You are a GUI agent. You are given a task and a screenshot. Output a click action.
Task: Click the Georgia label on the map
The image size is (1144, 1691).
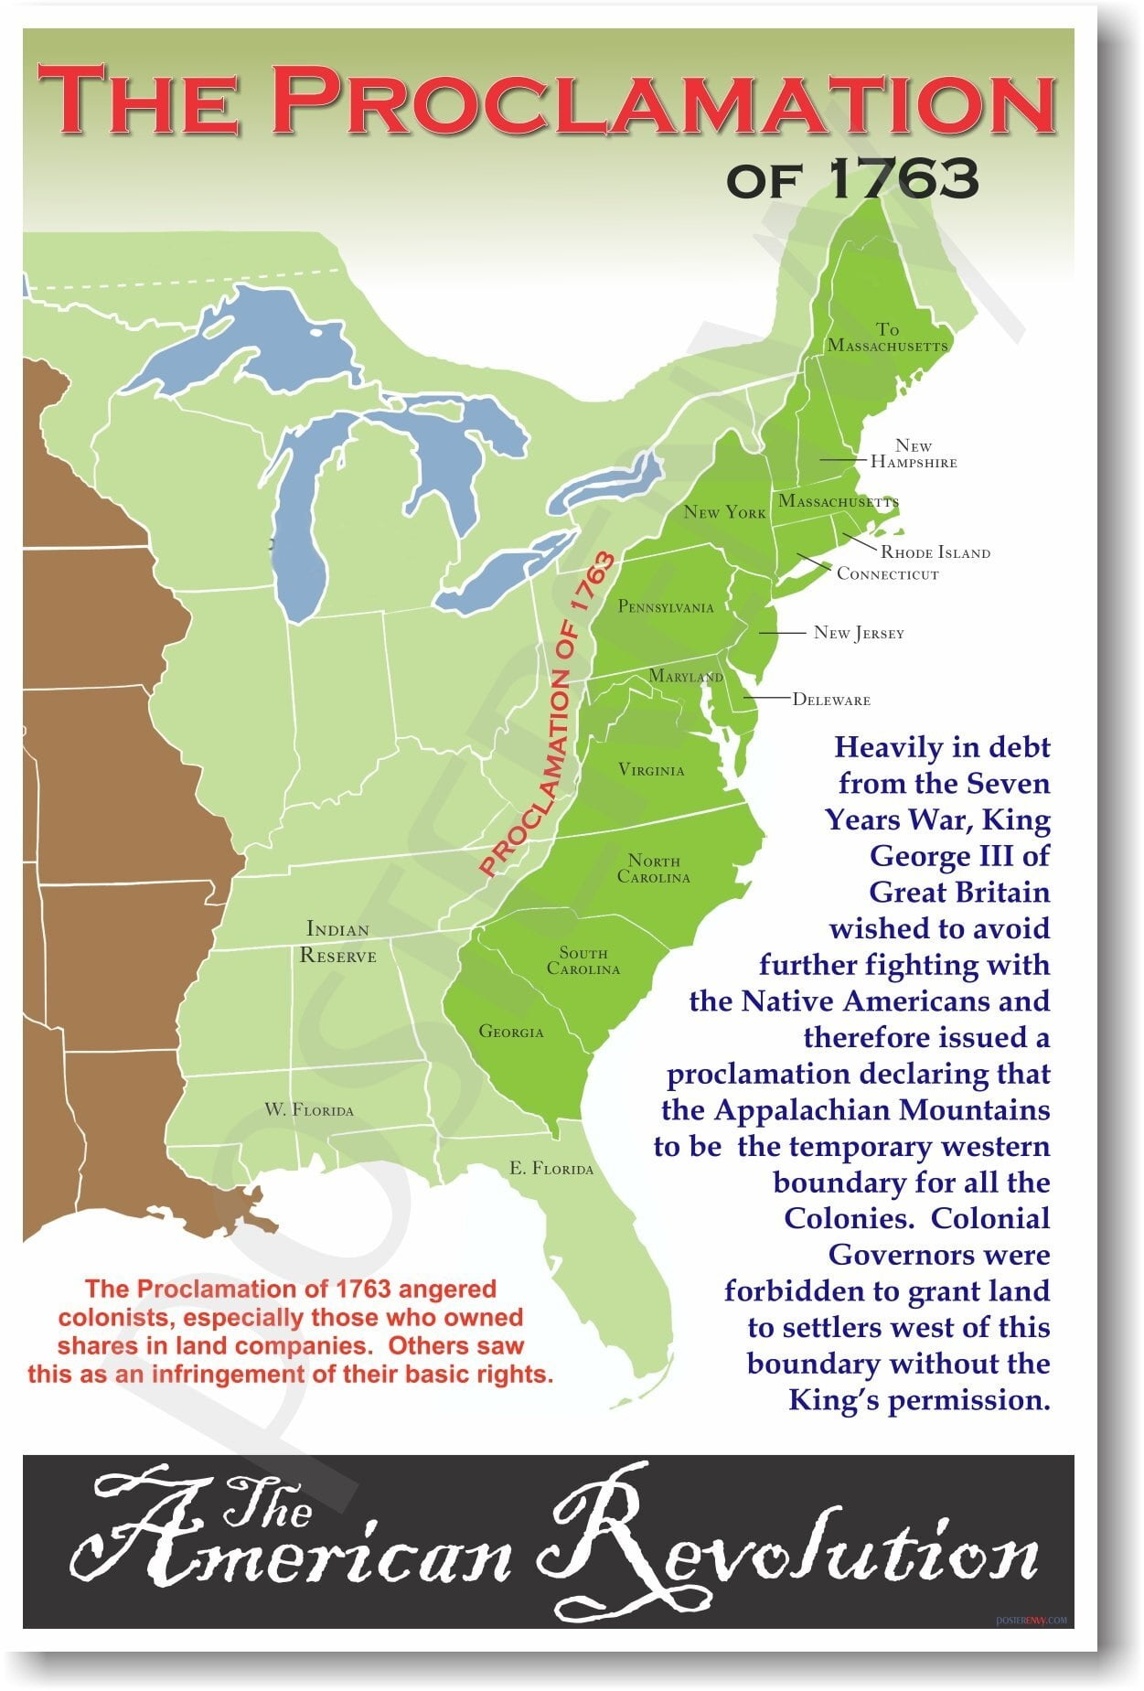click(511, 1032)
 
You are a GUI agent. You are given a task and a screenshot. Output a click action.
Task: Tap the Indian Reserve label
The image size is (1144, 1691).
click(338, 943)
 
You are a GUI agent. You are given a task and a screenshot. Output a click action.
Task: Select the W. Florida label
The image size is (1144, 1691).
click(309, 1110)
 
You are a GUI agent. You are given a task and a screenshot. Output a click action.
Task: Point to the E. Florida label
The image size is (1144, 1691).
click(551, 1169)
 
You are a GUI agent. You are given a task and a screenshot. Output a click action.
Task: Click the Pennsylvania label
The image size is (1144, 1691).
click(666, 606)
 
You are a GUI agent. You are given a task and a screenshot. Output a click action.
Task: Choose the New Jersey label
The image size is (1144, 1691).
click(859, 633)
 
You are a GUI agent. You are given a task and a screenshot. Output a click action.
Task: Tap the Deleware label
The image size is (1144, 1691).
click(831, 700)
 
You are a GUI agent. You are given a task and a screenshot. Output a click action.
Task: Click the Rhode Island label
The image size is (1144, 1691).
click(935, 552)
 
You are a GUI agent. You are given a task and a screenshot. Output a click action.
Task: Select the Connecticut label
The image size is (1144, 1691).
click(887, 574)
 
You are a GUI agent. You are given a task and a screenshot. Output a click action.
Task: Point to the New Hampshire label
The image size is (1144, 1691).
click(914, 454)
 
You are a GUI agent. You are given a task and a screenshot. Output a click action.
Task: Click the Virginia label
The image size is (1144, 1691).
click(651, 770)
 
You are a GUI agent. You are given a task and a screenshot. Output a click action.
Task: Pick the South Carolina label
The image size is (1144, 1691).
click(583, 961)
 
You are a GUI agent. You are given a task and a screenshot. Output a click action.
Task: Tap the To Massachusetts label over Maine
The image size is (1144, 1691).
click(887, 337)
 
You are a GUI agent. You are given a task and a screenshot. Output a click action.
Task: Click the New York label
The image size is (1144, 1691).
click(724, 512)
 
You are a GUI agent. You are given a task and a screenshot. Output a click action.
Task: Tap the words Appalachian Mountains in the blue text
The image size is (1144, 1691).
click(882, 1110)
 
